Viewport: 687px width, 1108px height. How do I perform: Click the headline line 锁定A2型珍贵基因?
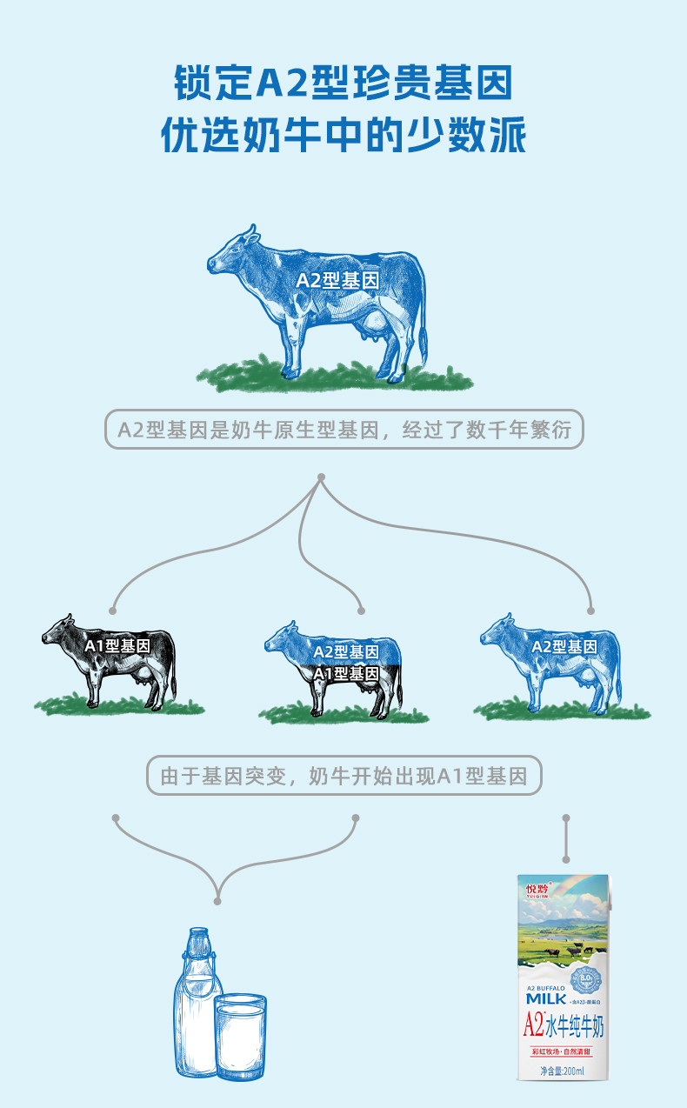coord(343,85)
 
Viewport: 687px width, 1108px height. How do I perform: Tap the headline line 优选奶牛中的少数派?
coord(343,137)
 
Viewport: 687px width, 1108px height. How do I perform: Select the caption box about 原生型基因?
coord(343,430)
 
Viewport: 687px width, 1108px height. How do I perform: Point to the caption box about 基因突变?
coord(343,775)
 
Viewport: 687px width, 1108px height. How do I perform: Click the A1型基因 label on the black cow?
coord(117,646)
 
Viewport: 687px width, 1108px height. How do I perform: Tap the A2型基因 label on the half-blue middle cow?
coord(346,651)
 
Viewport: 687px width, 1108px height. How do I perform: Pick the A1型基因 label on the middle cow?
coord(346,673)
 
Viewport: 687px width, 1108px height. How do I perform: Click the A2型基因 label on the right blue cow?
coord(564,646)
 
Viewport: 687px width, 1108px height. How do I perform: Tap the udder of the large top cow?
coord(374,328)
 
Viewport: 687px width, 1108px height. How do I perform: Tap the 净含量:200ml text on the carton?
coord(563,1070)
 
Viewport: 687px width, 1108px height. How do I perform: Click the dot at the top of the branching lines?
coord(321,477)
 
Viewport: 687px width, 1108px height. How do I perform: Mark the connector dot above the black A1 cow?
coord(113,609)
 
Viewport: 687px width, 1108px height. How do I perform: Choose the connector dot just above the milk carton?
coord(566,818)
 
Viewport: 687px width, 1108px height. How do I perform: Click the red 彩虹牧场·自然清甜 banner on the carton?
coord(563,1052)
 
